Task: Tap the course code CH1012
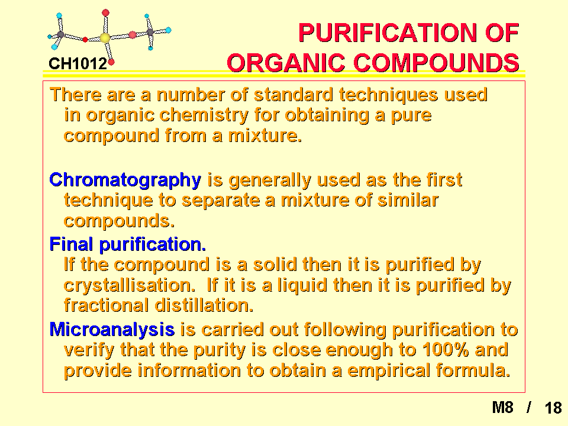point(78,64)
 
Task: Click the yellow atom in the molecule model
point(105,38)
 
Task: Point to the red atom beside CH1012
point(111,62)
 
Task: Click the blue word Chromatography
point(125,180)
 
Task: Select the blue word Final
point(71,244)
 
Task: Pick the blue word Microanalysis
point(112,330)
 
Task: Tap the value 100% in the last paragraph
point(445,350)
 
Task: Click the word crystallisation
point(130,285)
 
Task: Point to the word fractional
point(106,305)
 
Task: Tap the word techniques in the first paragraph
point(388,95)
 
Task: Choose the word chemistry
point(204,116)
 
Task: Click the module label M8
point(503,408)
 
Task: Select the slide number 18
point(553,408)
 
